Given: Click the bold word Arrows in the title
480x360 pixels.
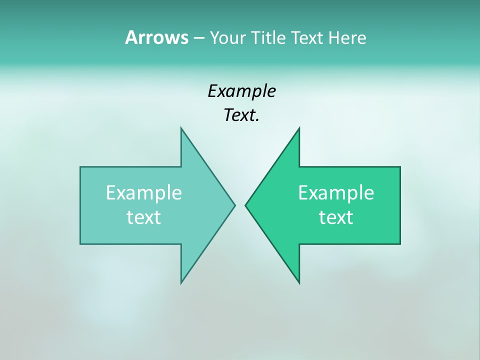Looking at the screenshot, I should (x=156, y=37).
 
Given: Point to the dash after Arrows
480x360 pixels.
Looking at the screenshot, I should (x=198, y=38).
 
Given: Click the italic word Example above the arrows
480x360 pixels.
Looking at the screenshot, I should (x=241, y=91).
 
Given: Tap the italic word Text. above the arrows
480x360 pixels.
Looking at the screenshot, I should (x=241, y=115).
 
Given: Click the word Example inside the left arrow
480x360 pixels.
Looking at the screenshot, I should (x=144, y=193).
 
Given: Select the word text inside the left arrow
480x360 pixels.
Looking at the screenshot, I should (x=144, y=217).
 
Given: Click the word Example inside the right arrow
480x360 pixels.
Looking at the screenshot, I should (x=336, y=193).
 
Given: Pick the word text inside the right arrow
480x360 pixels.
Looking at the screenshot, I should (x=336, y=217).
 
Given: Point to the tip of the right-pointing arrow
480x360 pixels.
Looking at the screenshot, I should (x=235, y=205).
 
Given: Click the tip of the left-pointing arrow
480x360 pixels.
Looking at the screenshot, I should (x=245, y=205).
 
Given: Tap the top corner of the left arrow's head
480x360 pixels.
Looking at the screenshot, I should (x=181, y=128).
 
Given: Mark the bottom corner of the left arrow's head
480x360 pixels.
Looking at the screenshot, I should (x=181, y=283).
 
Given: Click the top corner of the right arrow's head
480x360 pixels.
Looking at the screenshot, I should (x=299, y=128).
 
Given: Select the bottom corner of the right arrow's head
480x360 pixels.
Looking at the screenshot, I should (x=299, y=283).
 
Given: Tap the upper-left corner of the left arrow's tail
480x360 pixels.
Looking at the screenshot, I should (x=80, y=167).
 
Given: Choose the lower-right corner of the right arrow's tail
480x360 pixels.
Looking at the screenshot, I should (x=400, y=244).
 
